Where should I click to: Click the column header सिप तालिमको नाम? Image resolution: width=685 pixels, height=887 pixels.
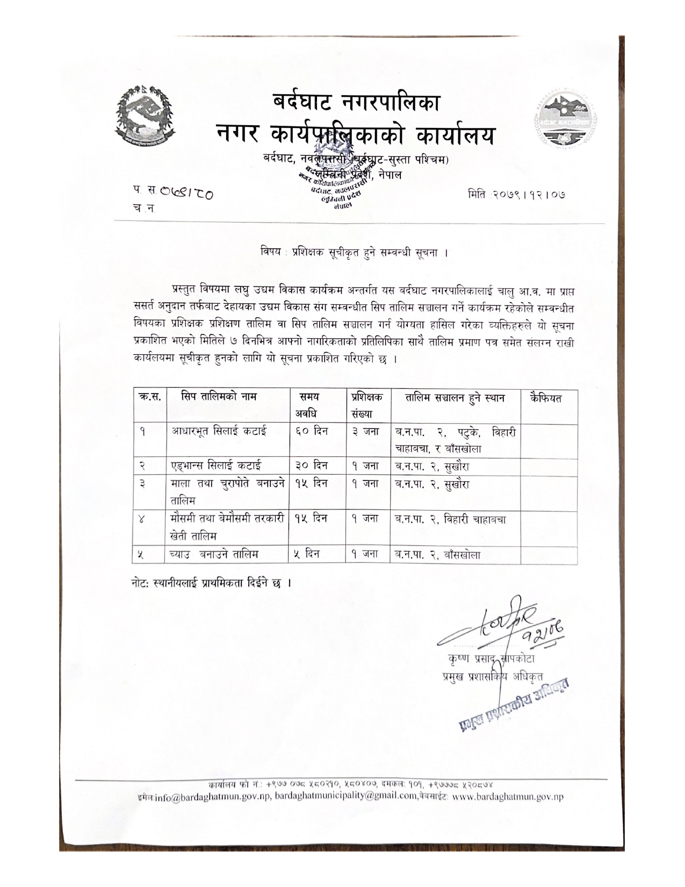[219, 398]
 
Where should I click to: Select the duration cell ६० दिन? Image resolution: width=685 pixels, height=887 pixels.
[312, 431]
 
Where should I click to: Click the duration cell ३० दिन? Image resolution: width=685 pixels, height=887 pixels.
[312, 466]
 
